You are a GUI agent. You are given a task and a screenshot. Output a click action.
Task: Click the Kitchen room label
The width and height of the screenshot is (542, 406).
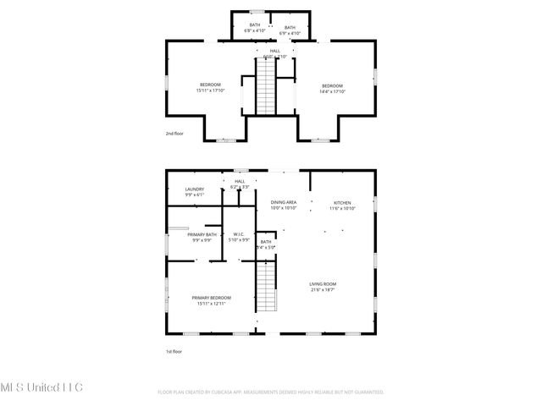point(342,203)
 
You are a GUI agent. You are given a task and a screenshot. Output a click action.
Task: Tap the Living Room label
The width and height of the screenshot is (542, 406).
point(324,284)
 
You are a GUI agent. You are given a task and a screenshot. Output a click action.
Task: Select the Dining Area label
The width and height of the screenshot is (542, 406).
point(283,202)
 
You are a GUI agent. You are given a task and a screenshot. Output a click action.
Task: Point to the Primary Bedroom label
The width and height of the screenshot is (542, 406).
point(211,298)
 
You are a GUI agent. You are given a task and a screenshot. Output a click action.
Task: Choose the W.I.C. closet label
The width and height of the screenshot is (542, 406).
point(240,234)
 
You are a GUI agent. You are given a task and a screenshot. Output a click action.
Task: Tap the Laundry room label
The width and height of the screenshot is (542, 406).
point(195,189)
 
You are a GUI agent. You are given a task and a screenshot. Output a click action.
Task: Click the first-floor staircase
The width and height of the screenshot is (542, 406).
point(268,287)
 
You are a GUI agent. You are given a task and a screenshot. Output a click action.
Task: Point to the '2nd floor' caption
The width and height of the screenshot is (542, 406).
point(174,133)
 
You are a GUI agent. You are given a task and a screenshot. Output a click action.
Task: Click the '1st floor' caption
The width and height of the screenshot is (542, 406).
point(174,351)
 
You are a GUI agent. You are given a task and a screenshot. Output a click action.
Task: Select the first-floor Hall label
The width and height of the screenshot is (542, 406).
point(240,181)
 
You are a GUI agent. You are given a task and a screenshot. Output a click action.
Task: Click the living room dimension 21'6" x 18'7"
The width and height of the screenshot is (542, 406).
point(324,289)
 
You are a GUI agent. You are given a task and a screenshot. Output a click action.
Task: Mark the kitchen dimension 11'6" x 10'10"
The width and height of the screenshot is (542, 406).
point(342,208)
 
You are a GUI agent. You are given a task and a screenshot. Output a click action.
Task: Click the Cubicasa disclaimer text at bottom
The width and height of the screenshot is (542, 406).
point(271,392)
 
